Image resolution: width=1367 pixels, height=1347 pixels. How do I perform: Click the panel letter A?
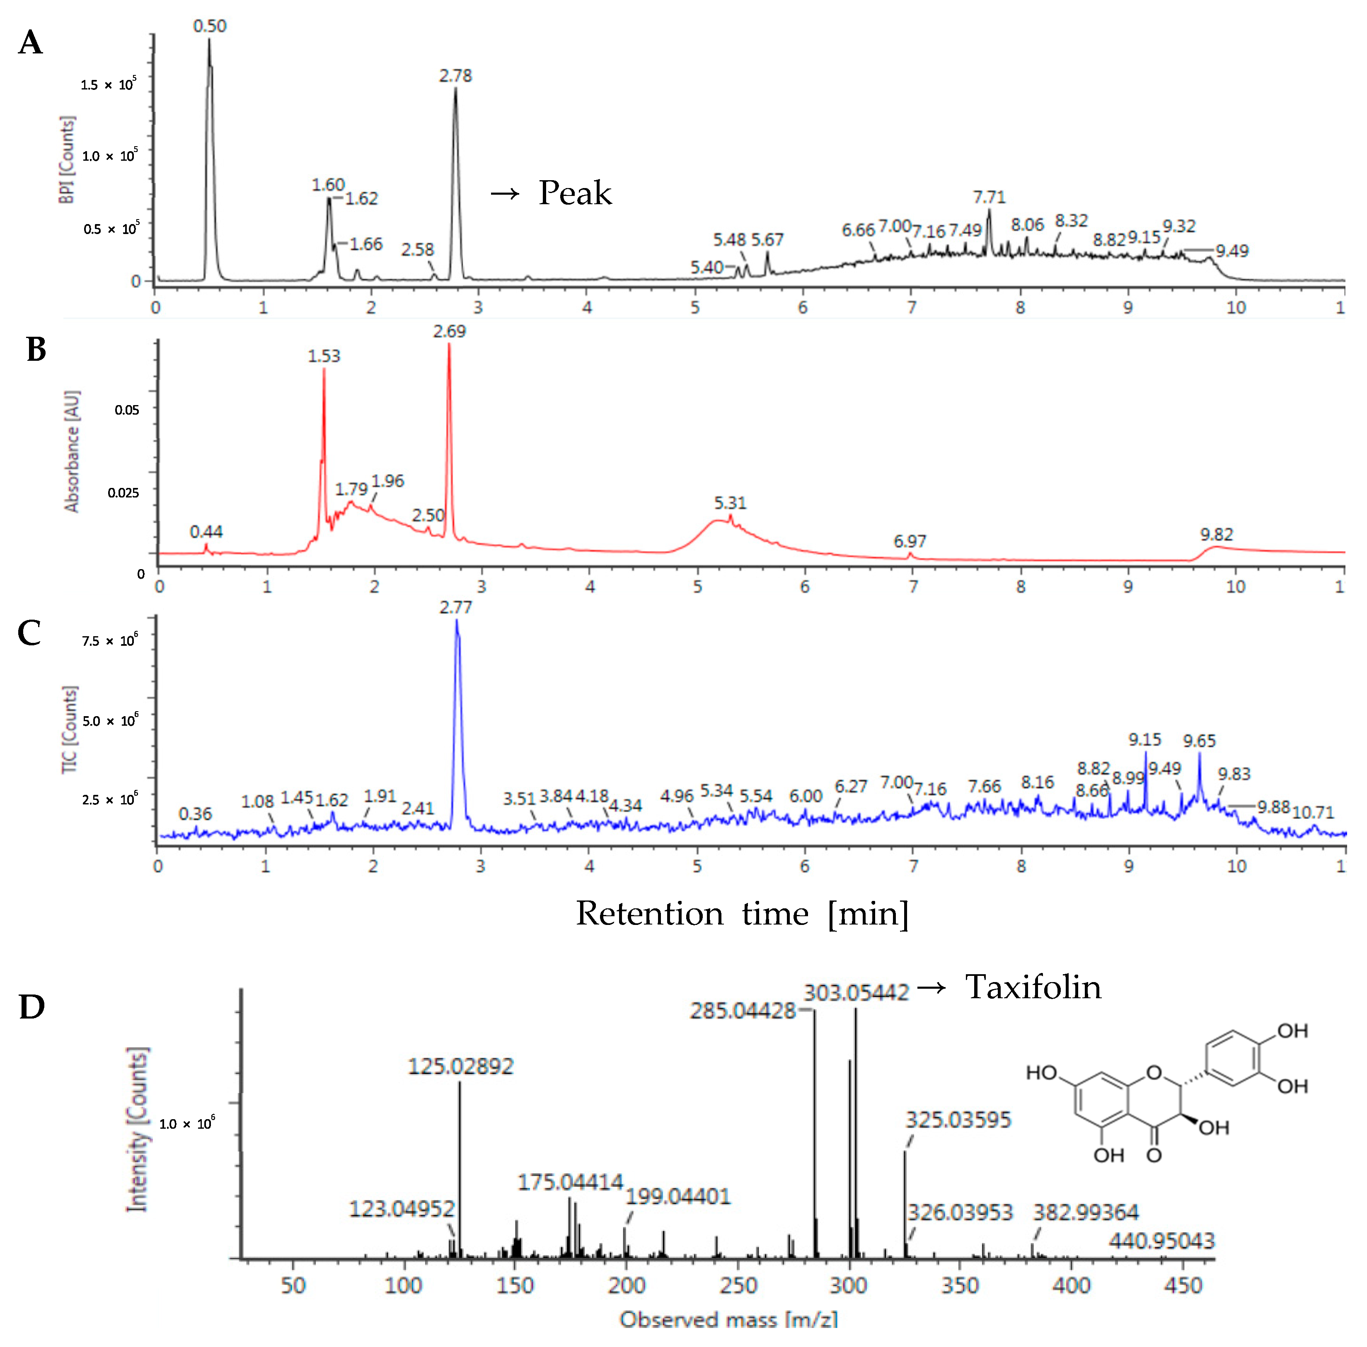click(30, 42)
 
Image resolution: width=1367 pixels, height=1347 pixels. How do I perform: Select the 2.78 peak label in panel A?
click(455, 76)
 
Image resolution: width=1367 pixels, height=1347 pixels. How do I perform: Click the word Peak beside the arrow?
click(575, 193)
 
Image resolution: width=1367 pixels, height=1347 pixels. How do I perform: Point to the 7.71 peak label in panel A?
click(988, 198)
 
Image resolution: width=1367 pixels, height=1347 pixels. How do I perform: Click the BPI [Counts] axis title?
click(67, 161)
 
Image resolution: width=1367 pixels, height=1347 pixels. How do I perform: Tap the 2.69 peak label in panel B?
click(449, 331)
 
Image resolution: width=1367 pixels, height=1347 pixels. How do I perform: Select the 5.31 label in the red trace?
click(729, 503)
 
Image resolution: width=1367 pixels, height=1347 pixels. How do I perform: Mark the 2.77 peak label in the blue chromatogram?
click(455, 607)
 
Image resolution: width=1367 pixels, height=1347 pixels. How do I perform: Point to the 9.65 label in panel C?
click(1199, 741)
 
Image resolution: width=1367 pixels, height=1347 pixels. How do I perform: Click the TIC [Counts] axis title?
click(69, 729)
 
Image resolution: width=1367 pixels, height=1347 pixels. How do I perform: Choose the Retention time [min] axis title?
click(742, 913)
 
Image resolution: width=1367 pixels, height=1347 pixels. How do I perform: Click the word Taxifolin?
click(1033, 987)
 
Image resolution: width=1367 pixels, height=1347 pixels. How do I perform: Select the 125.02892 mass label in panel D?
click(461, 1066)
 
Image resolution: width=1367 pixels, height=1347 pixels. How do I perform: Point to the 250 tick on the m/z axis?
click(738, 1285)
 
